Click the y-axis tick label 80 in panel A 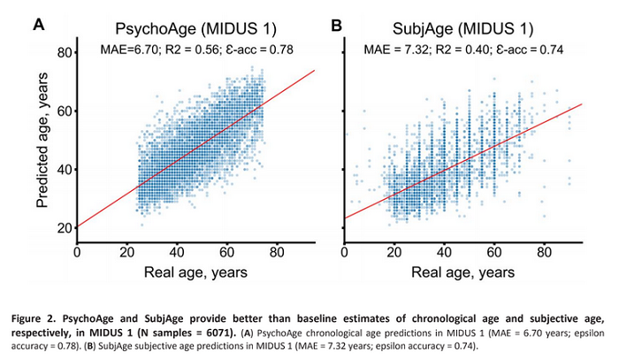click(64, 53)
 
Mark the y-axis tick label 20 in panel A click(64, 228)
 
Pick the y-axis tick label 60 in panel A click(64, 111)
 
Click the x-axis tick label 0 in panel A click(77, 250)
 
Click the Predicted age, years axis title click(42, 141)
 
